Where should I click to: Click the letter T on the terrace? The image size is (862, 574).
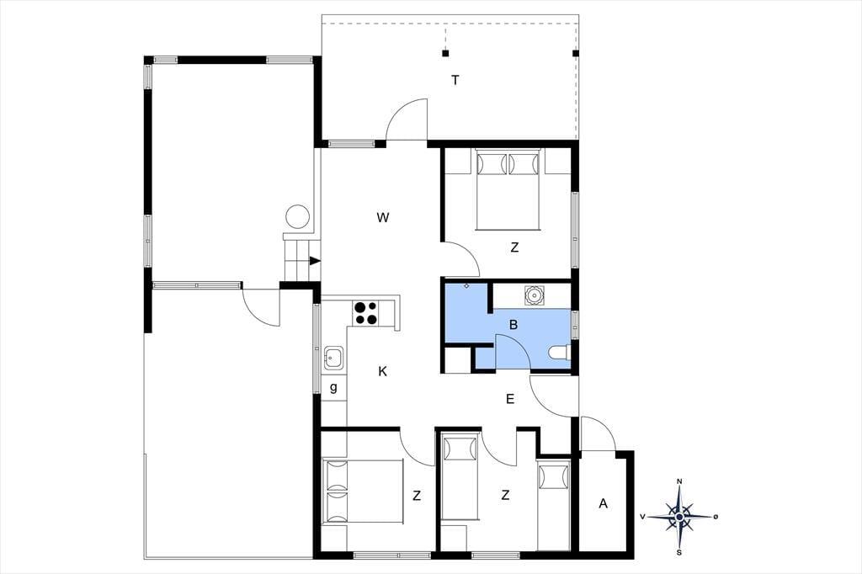click(x=455, y=80)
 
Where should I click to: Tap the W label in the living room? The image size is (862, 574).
click(x=383, y=218)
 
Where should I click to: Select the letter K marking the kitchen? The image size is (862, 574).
click(x=383, y=372)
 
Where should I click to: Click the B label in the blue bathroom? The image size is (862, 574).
click(x=513, y=325)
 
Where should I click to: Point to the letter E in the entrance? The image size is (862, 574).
click(x=510, y=399)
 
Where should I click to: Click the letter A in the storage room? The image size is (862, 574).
click(x=603, y=503)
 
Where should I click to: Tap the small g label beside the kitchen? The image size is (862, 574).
click(x=333, y=388)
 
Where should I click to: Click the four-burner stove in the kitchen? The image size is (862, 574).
click(x=365, y=313)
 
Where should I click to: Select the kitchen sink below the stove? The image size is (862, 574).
click(x=333, y=358)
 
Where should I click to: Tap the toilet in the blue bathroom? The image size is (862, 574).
click(x=560, y=353)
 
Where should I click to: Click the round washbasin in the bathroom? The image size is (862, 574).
click(x=533, y=295)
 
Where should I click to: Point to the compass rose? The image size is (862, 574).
click(x=680, y=516)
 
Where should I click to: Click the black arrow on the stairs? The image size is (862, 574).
click(x=315, y=261)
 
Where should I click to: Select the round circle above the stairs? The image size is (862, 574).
click(x=298, y=216)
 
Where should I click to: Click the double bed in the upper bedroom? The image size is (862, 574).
click(x=508, y=189)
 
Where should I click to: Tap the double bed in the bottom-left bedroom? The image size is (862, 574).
click(x=362, y=492)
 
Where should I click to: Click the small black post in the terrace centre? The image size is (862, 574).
click(x=445, y=53)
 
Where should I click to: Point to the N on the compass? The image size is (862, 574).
click(x=679, y=481)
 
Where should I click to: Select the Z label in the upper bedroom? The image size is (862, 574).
click(x=514, y=247)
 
